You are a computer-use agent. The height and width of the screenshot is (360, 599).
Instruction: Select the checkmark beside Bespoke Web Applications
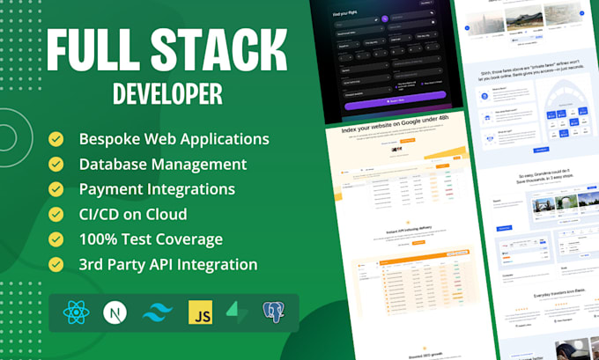pos(57,139)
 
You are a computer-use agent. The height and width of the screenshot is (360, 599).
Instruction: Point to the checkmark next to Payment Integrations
pos(57,189)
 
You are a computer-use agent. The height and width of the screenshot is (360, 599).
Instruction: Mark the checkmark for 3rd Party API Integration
pos(57,264)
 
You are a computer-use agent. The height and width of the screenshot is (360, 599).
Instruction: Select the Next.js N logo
pos(114,312)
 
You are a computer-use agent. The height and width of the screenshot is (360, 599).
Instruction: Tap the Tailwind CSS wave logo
pos(157,312)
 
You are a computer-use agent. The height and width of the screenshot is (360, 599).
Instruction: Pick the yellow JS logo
pos(200,312)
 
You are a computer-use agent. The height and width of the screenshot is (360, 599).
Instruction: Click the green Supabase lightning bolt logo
pos(239,312)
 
